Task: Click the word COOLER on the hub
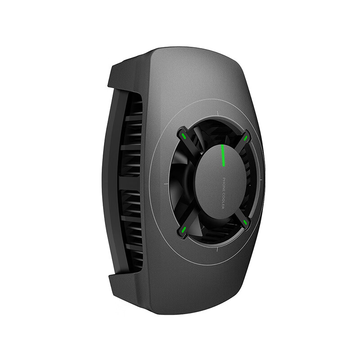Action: pos(223,201)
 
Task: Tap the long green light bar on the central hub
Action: pos(222,155)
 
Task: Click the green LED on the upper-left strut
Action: pos(184,136)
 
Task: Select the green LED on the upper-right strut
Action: pos(245,138)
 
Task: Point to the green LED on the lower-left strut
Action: pos(184,229)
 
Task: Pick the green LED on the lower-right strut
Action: pos(245,222)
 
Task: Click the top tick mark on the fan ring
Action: pos(218,113)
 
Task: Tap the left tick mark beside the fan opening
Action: pos(166,184)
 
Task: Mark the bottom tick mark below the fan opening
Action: pos(217,249)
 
